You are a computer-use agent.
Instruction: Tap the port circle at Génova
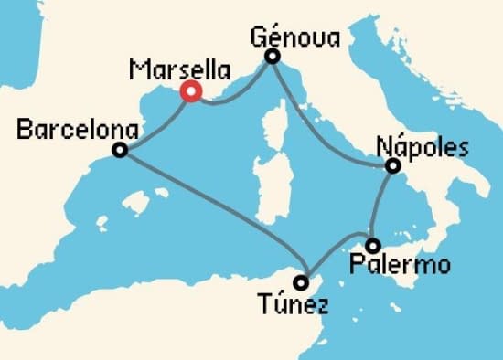coord(272,58)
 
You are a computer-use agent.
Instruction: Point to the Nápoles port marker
coord(392,166)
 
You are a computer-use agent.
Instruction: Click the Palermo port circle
coord(372,245)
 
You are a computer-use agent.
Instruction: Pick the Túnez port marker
coord(301,282)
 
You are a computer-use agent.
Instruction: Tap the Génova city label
coord(295,37)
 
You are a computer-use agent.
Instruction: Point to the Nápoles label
coord(423,147)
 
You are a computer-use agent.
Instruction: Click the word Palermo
coord(401,266)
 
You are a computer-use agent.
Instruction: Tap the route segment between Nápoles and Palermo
coord(381,206)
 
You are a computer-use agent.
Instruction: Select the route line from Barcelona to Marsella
coord(155,122)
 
